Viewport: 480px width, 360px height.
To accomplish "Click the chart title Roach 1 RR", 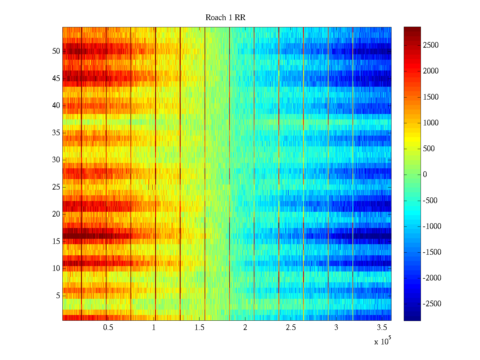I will (225, 18).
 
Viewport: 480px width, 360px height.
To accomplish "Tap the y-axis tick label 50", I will (56, 51).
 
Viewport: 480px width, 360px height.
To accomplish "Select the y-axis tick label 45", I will (56, 79).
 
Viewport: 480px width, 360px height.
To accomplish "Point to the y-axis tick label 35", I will (56, 133).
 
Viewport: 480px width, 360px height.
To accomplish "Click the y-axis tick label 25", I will (56, 187).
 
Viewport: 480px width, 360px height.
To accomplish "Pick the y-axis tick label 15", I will (56, 241).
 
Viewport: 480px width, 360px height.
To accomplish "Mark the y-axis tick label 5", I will (58, 296).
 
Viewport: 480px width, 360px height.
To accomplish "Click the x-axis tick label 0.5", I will (108, 328).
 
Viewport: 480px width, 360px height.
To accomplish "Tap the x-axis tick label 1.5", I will (199, 328).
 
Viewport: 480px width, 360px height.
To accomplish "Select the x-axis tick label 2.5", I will (291, 328).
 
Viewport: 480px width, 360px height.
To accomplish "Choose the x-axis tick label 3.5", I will (382, 328).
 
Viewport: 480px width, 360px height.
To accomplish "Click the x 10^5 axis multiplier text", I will (382, 341).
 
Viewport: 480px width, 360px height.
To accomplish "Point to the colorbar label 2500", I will (431, 45).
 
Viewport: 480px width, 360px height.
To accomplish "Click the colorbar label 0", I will (425, 175).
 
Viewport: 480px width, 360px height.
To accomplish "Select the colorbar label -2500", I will (432, 304).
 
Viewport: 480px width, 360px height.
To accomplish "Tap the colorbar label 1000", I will (431, 123).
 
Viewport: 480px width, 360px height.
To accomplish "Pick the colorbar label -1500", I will (432, 252).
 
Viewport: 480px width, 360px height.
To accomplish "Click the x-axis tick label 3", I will (336, 328).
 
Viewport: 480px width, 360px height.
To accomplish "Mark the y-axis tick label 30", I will (56, 160).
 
